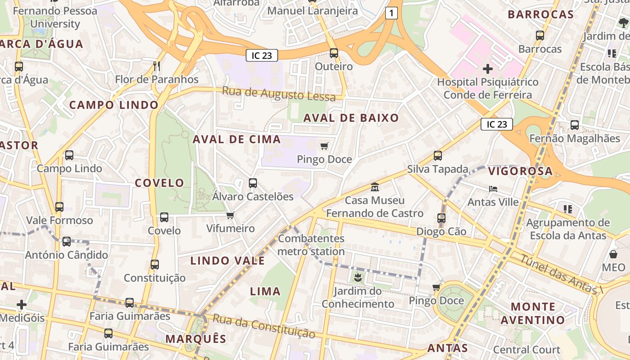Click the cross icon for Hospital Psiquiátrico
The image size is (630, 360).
tap(487, 69)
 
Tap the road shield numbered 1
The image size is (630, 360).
tap(391, 13)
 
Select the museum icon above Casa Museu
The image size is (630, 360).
tap(374, 187)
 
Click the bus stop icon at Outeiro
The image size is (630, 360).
tap(333, 53)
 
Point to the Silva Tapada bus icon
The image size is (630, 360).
tap(437, 156)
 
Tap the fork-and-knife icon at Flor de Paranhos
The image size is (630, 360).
tap(157, 66)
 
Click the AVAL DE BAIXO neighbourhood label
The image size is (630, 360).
tap(351, 118)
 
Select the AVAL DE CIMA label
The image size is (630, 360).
tap(237, 139)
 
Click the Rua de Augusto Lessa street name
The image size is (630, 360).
tap(279, 94)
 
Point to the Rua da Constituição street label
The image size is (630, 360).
tap(264, 326)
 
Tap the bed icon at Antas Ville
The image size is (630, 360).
tap(493, 189)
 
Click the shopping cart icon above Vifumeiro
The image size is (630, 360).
tap(230, 215)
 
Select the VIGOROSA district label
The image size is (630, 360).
tap(520, 171)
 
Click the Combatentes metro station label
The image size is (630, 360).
tap(311, 245)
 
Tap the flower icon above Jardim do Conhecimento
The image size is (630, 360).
tap(358, 278)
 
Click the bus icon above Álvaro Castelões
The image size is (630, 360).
tap(253, 183)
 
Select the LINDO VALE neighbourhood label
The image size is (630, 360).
tap(227, 261)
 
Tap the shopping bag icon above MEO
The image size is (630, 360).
tap(613, 254)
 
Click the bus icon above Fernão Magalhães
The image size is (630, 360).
tap(575, 125)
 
